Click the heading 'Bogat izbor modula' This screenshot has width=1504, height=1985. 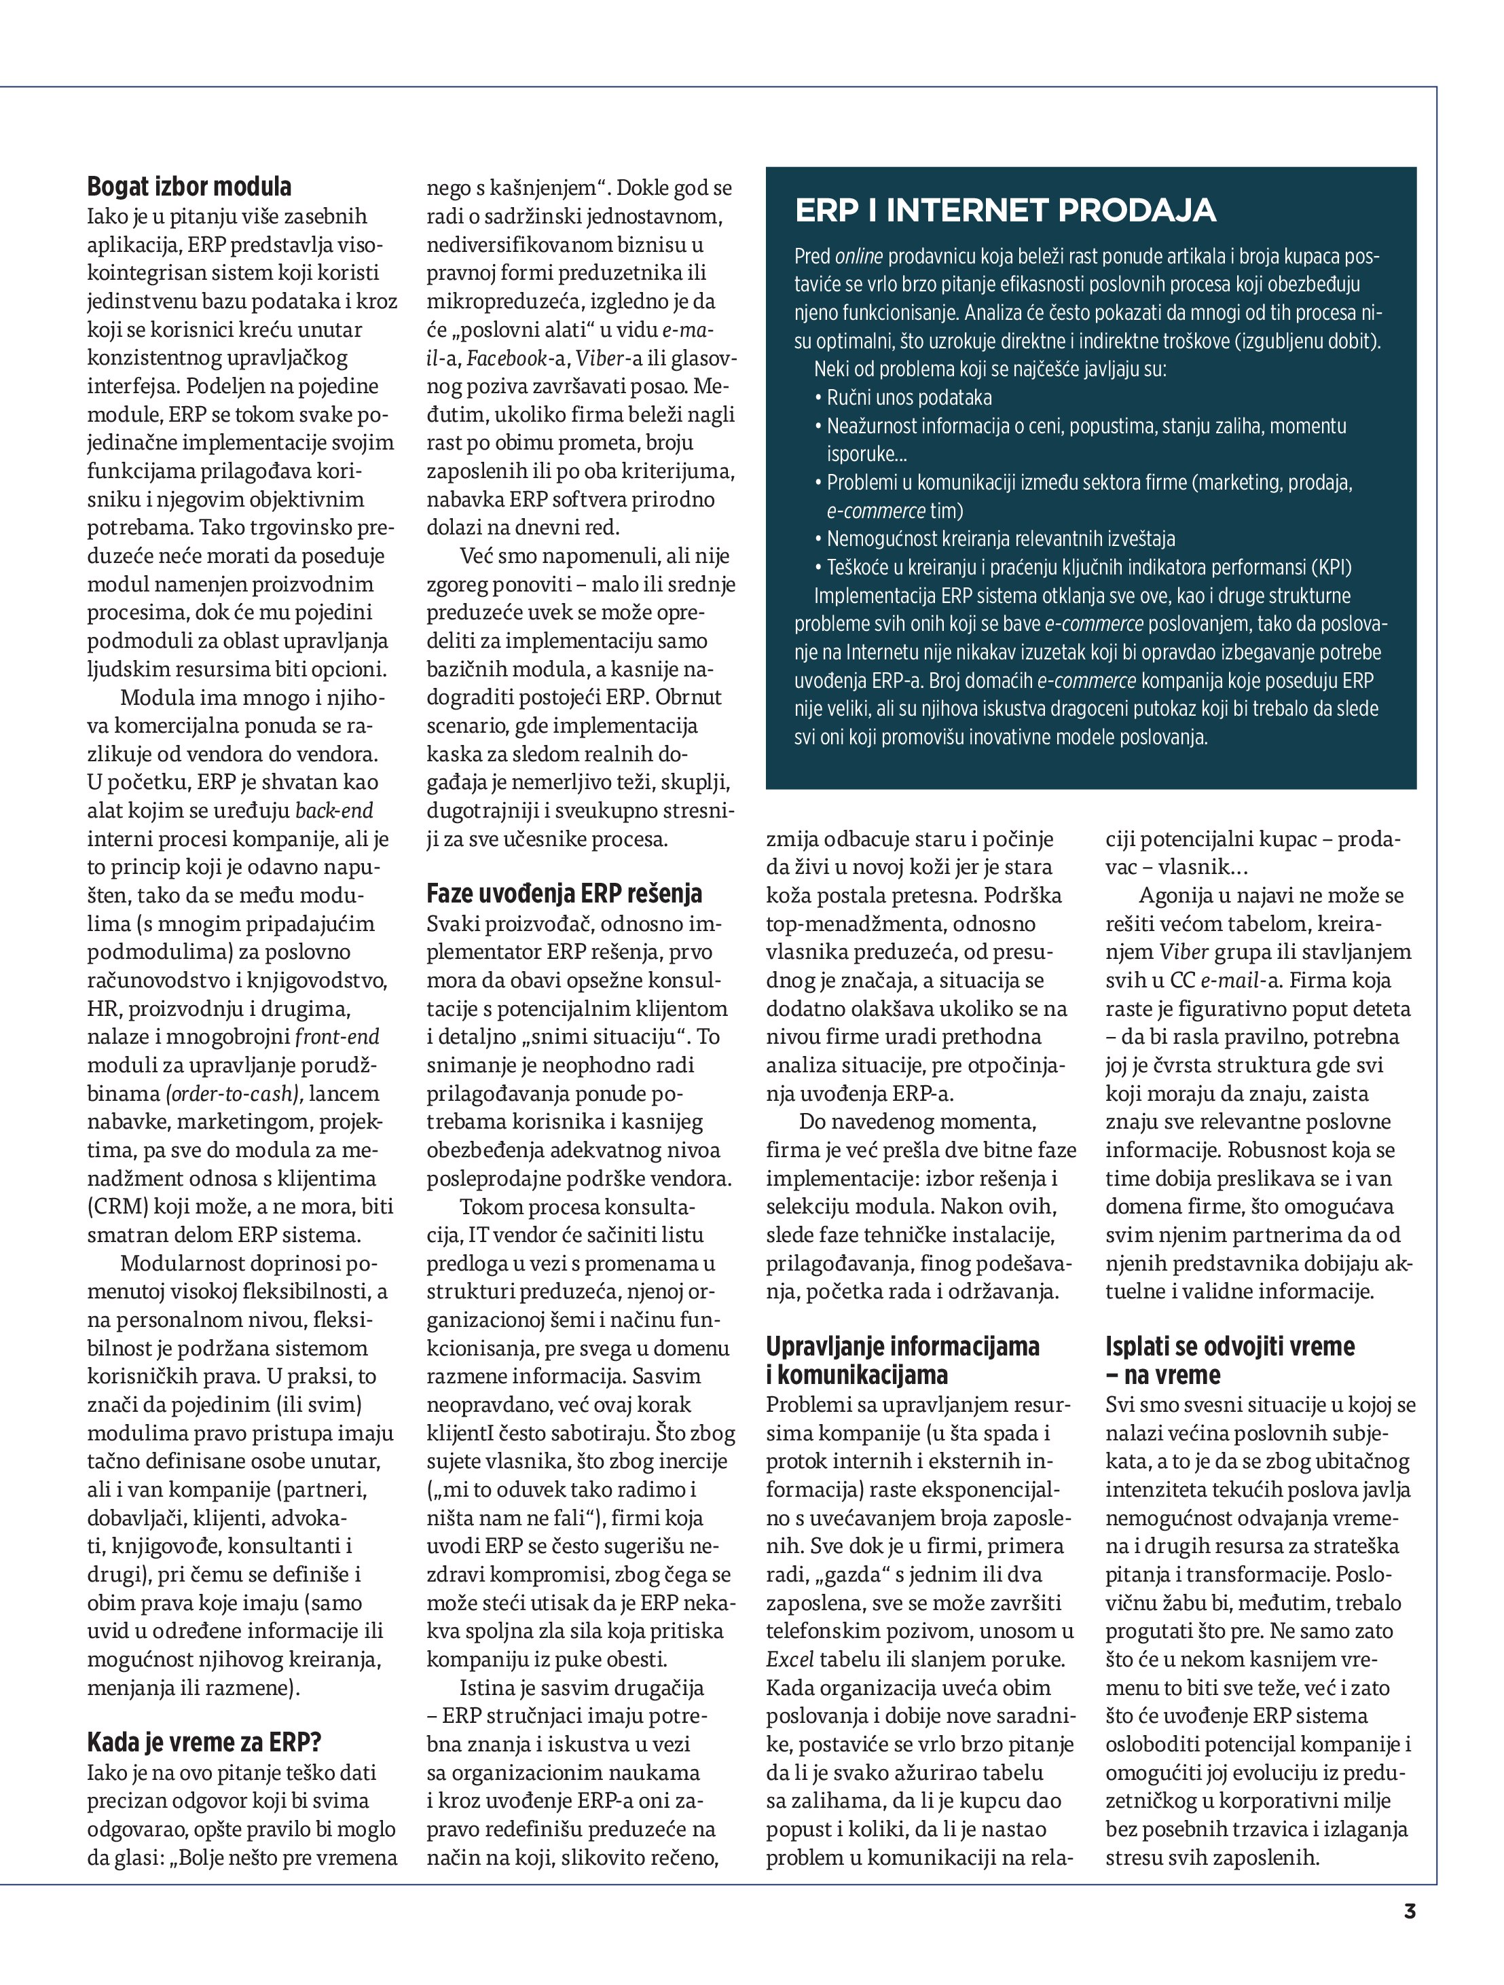(189, 187)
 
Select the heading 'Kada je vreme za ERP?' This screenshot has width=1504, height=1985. (204, 1742)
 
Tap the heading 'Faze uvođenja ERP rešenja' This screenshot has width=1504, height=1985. (564, 894)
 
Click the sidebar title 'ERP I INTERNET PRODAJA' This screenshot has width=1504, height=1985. (1005, 210)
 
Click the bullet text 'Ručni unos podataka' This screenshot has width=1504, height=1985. (909, 397)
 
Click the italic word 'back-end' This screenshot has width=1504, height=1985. (334, 810)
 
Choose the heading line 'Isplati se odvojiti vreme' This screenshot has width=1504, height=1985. (1230, 1346)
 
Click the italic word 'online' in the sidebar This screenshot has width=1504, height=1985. (859, 257)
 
